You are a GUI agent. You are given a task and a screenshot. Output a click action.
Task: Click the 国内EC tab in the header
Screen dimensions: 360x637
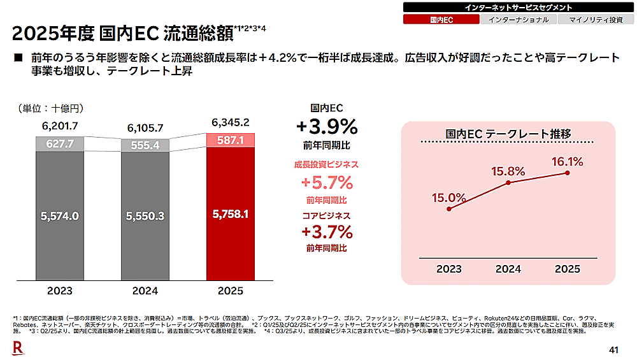click(441, 20)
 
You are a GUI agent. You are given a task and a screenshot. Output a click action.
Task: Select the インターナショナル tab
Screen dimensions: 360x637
click(518, 20)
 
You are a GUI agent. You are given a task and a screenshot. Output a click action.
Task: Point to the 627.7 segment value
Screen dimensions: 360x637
click(60, 144)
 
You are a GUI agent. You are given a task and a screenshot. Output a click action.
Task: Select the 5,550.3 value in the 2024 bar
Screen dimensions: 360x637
click(145, 216)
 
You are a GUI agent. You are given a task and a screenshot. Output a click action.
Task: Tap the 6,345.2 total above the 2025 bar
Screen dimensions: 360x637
click(231, 122)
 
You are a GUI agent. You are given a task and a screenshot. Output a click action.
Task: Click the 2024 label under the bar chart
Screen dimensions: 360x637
click(145, 291)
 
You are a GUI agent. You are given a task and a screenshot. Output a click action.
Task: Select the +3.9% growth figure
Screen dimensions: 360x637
click(327, 125)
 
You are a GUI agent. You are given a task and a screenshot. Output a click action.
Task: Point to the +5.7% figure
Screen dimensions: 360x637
click(327, 183)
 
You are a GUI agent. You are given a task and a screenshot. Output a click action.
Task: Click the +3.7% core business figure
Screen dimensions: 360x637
click(327, 230)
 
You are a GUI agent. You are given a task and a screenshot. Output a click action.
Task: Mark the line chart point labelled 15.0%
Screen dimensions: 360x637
click(450, 208)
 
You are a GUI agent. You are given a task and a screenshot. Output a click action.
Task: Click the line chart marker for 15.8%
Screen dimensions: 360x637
click(508, 183)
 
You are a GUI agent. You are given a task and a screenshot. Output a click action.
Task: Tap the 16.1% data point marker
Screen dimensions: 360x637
click(567, 173)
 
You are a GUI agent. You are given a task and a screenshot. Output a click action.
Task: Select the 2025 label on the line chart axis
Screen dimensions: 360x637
click(567, 269)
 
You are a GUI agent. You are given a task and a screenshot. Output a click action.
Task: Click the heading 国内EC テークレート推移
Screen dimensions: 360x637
click(508, 133)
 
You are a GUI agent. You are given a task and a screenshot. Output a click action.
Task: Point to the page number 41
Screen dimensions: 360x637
click(614, 349)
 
